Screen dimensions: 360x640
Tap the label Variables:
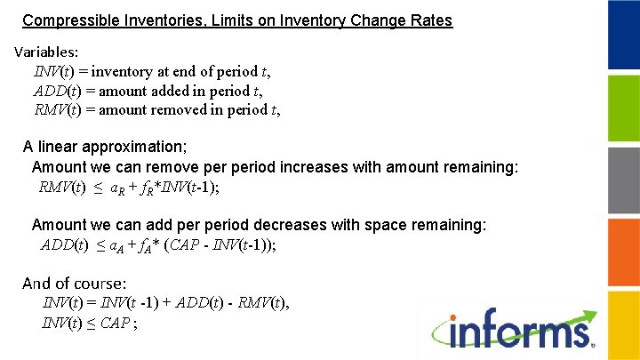[x=46, y=52]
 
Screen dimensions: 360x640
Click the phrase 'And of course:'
[x=74, y=284]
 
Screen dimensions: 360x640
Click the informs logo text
[x=521, y=332]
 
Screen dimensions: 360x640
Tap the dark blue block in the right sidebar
[x=623, y=36]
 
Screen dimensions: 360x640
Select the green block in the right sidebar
[x=623, y=108]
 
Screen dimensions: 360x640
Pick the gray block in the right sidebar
[x=623, y=180]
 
